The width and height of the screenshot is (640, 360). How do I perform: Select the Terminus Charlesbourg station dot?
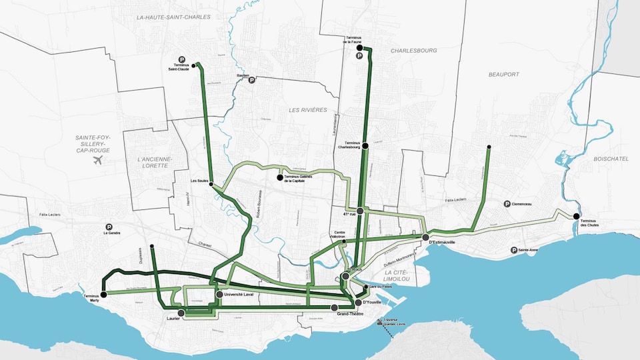(x=365, y=145)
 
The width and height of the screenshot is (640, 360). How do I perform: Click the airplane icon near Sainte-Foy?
(x=99, y=160)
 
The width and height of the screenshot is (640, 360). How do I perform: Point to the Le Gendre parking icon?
(x=109, y=227)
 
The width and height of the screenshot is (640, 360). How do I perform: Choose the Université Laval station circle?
(x=219, y=294)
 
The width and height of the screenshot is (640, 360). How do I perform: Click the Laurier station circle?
(x=181, y=312)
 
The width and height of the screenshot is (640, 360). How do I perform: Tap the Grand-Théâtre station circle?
(x=335, y=307)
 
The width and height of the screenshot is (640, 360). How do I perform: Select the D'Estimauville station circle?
(x=425, y=237)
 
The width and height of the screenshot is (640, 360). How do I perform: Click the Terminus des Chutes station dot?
(x=575, y=215)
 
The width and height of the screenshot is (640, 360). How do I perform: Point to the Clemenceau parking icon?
(x=507, y=204)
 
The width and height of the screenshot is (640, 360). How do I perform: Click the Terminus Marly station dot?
(x=104, y=294)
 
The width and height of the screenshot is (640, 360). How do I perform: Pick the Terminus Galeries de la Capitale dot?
(x=280, y=177)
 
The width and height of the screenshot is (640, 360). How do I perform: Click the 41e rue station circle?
(x=360, y=211)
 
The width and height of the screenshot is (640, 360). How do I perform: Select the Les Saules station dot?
(x=211, y=186)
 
